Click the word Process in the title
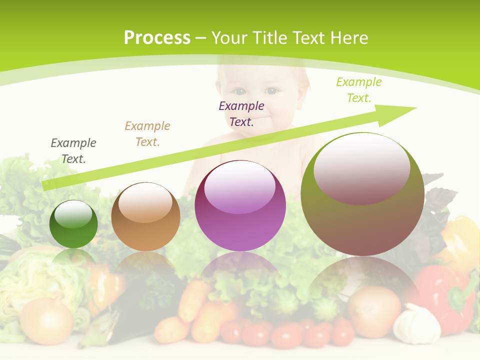157,38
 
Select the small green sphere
73,224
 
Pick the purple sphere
240,206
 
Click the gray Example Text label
73,151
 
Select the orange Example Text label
147,134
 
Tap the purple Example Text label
241,113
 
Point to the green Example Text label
359,90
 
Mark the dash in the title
200,38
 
